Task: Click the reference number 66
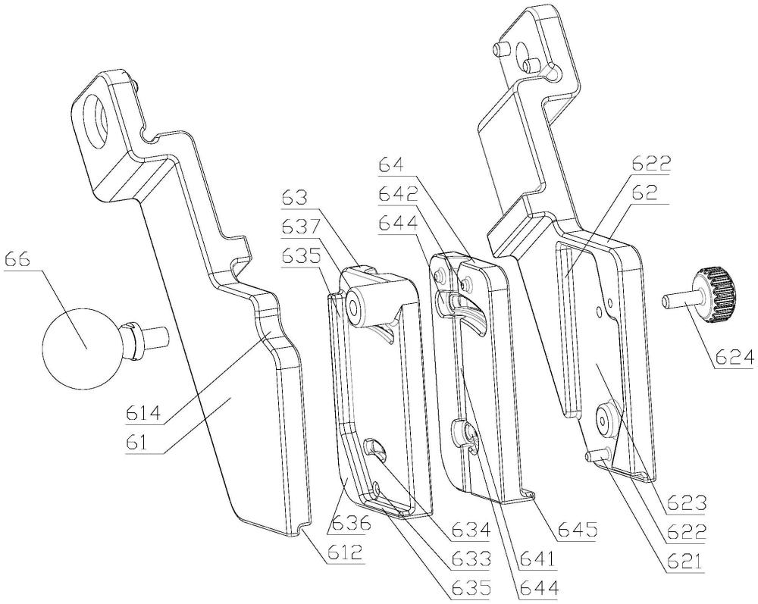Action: tap(17, 260)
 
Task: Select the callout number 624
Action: tap(733, 358)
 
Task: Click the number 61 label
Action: tap(138, 442)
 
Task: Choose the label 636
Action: tap(348, 523)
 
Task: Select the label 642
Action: tap(399, 196)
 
